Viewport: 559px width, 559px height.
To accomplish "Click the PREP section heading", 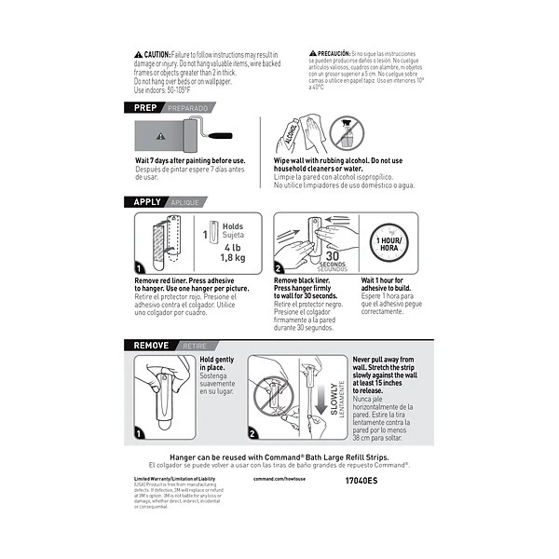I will pyautogui.click(x=145, y=109).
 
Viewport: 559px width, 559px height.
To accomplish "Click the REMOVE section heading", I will pyautogui.click(x=151, y=344).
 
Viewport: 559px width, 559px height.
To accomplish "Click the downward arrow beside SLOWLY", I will pyautogui.click(x=318, y=401).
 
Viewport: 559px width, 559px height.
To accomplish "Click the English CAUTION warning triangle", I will pyautogui.click(x=139, y=55).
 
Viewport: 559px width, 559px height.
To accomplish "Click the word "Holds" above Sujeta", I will pyautogui.click(x=232, y=226).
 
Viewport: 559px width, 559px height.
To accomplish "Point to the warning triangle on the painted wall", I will pyautogui.click(x=160, y=136).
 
